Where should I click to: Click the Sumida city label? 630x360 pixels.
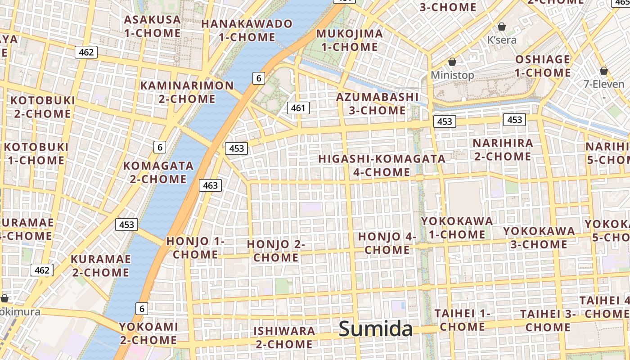[x=375, y=329]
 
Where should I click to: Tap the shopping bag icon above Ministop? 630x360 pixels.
[x=452, y=62]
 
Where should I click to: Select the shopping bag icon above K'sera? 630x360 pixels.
[x=502, y=27]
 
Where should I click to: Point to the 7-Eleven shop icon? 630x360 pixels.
[x=603, y=71]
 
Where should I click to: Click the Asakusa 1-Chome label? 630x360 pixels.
[x=153, y=26]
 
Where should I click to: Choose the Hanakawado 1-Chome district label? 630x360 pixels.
[x=247, y=30]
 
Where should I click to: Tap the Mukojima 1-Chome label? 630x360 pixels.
[x=350, y=40]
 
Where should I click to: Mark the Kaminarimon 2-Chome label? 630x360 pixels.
[x=187, y=92]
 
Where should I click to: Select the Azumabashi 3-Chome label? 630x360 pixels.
[x=378, y=103]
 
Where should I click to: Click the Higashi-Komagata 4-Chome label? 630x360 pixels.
[x=382, y=165]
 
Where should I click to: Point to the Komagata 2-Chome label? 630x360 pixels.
[x=158, y=172]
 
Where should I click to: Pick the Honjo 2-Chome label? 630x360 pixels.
[x=276, y=251]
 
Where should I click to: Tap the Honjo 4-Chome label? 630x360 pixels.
[x=387, y=243]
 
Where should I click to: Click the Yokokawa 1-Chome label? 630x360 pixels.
[x=457, y=228]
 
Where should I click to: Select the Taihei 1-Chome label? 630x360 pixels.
[x=463, y=320]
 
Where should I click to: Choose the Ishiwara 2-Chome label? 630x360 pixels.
[x=284, y=337]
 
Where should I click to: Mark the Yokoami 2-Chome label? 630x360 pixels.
[x=148, y=333]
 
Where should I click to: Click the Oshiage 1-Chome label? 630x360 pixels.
[x=543, y=66]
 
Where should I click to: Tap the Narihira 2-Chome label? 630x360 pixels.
[x=503, y=150]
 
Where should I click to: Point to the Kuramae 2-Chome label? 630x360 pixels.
[x=101, y=265]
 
